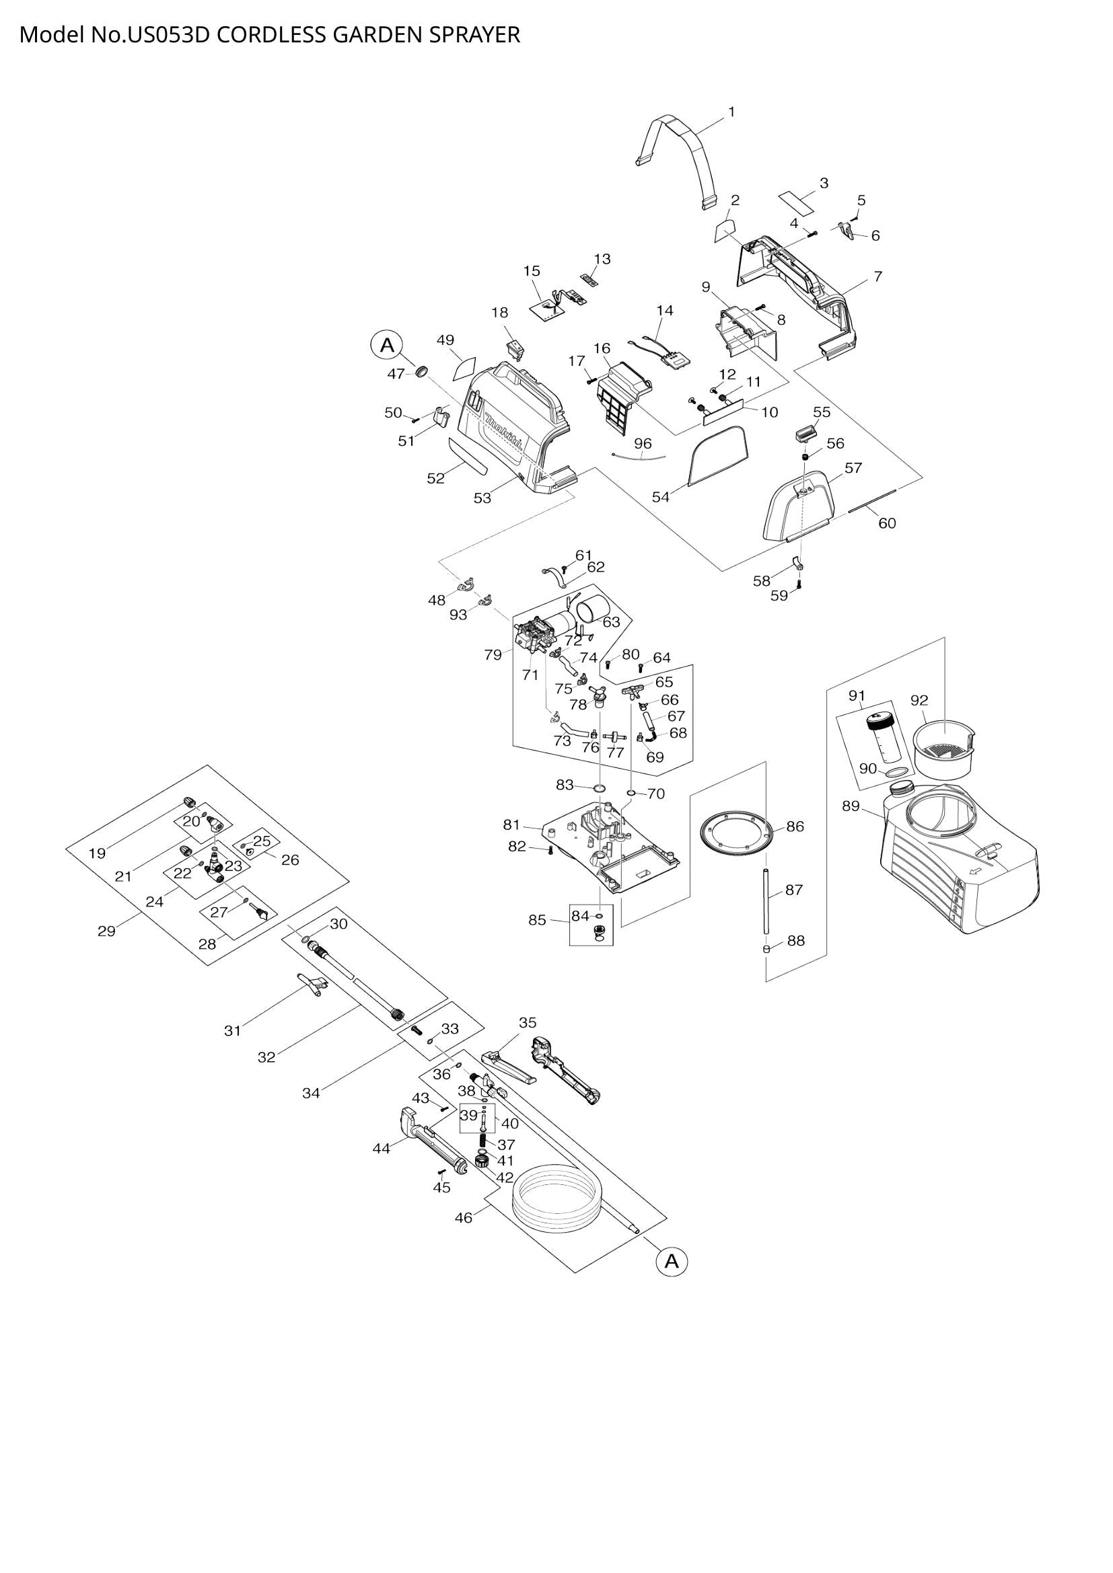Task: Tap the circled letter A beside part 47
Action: (387, 345)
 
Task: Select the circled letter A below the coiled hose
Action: (672, 1260)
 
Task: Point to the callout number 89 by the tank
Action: (851, 806)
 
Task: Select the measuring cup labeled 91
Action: (880, 740)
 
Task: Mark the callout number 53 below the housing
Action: (482, 498)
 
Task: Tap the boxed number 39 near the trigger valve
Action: (468, 1115)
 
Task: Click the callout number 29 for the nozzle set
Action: (106, 931)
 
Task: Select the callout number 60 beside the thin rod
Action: (887, 523)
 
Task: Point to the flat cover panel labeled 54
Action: (717, 455)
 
